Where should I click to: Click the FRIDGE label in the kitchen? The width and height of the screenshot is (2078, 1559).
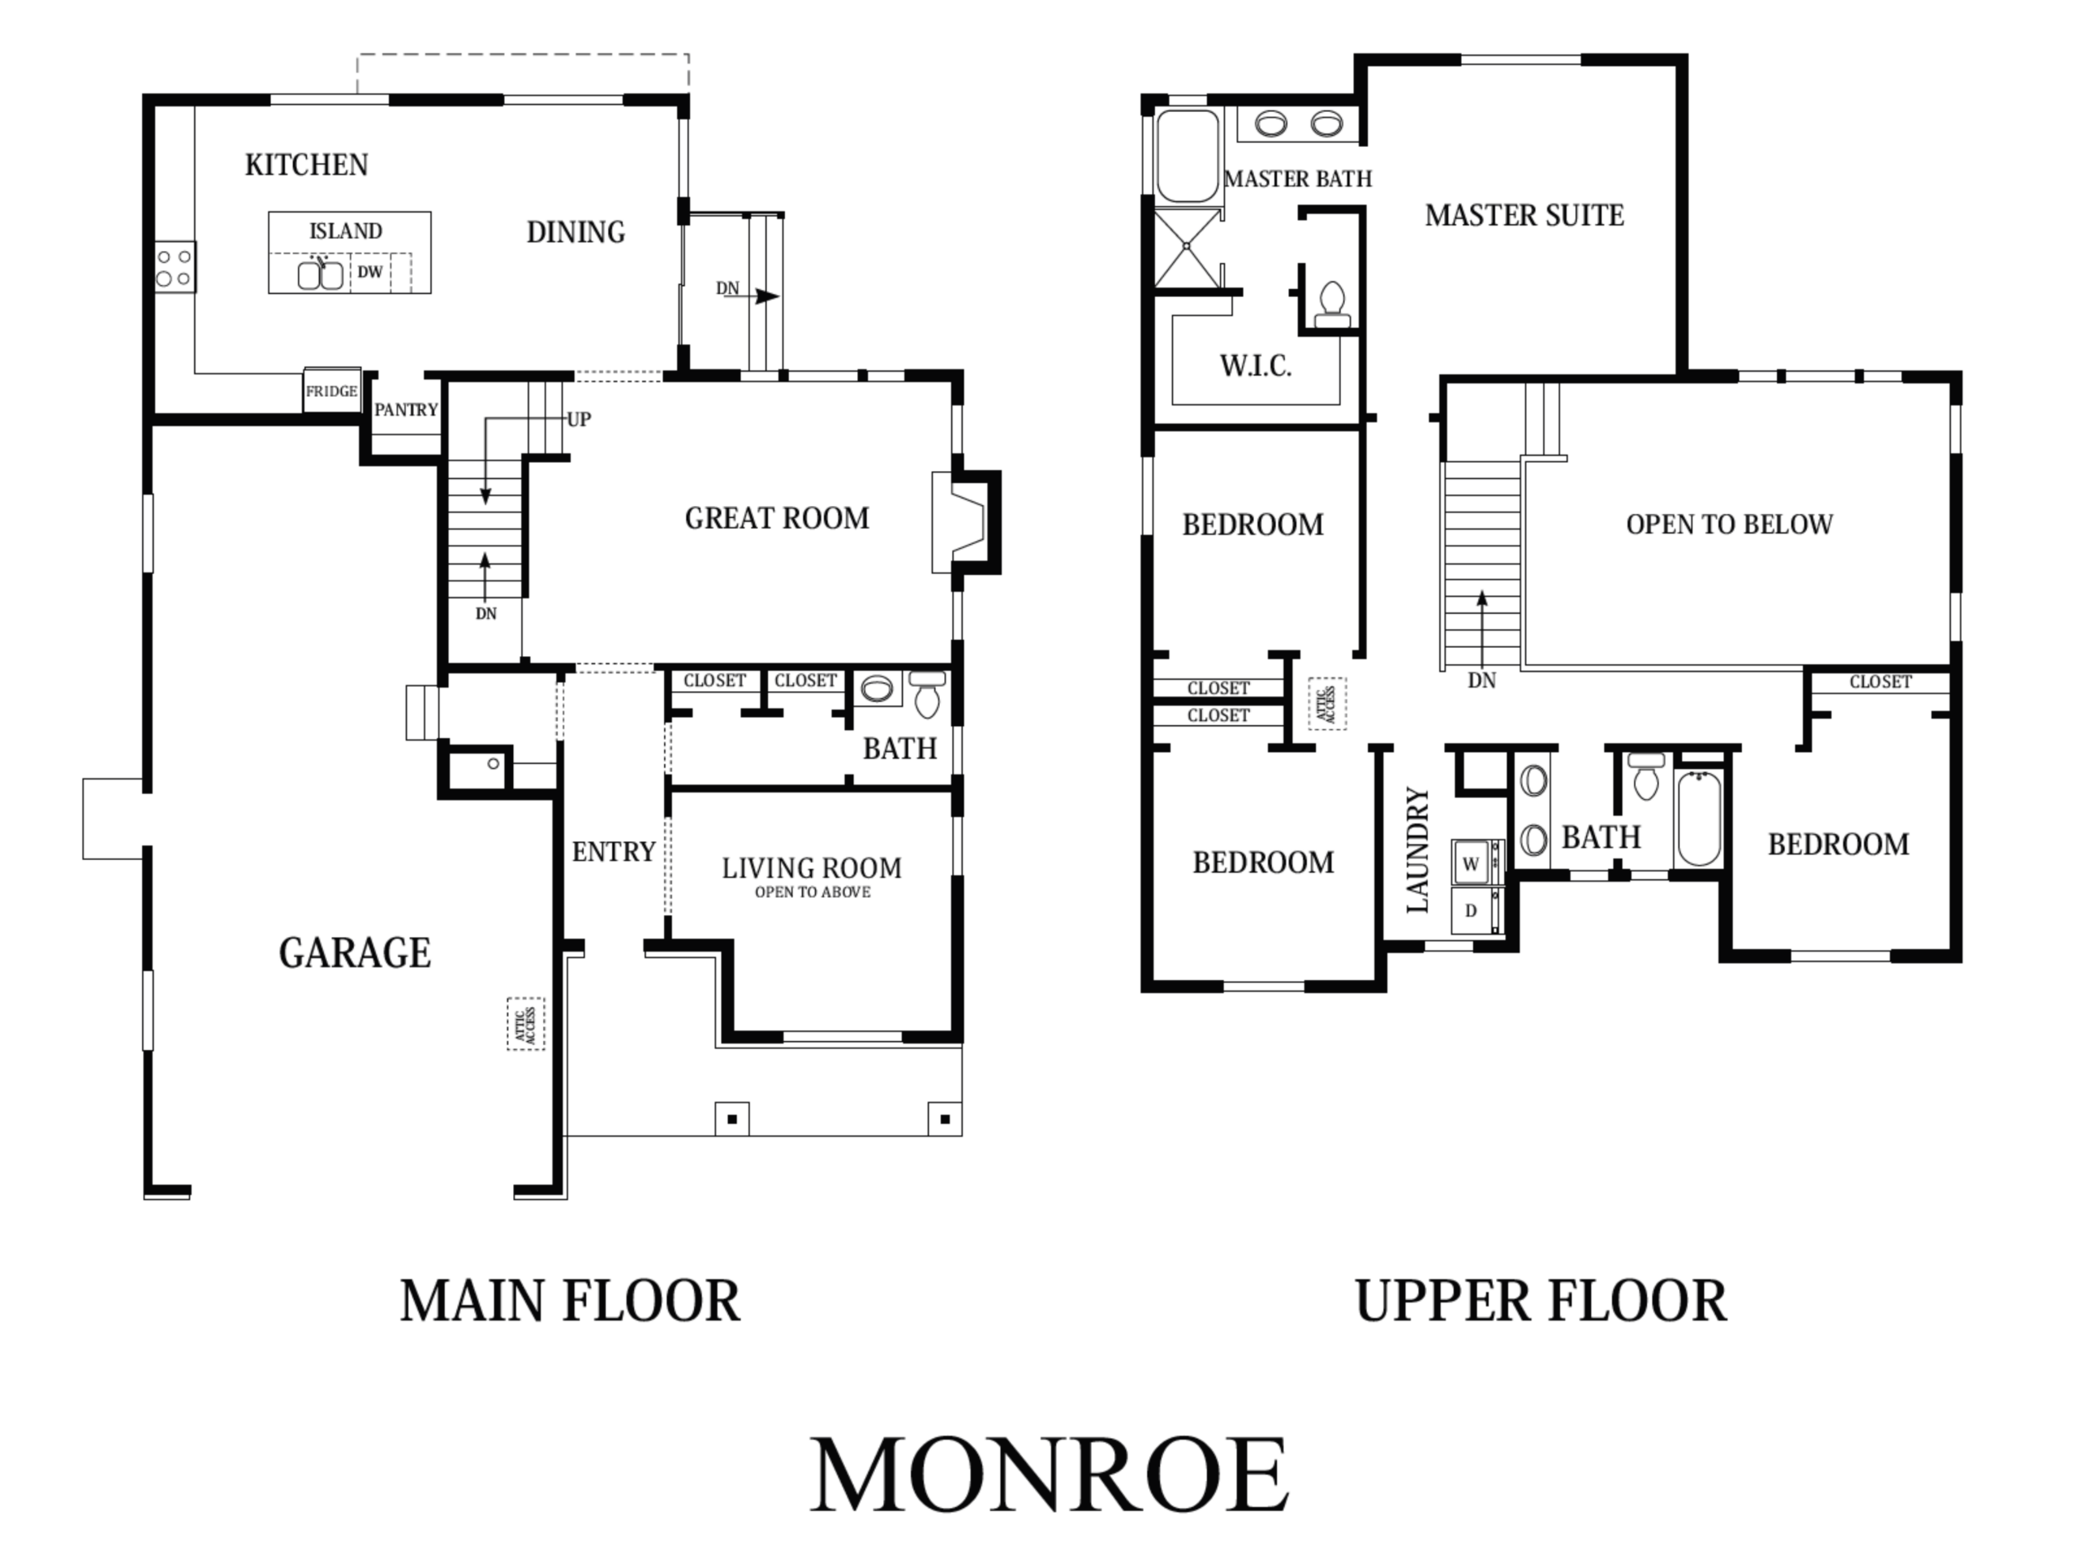tap(332, 391)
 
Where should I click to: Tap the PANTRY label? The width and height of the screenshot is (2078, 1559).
tap(406, 410)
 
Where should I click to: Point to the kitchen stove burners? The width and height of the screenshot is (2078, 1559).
tap(175, 267)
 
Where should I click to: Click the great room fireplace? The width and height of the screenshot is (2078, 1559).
tap(966, 521)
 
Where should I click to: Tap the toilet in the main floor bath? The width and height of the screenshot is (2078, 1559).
tap(927, 693)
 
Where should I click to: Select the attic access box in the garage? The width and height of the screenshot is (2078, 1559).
tap(526, 1024)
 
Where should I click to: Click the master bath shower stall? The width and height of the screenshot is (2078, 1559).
tap(1187, 247)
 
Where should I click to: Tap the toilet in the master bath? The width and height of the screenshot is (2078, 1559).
tap(1332, 304)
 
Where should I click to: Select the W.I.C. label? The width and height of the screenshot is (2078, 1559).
tap(1255, 365)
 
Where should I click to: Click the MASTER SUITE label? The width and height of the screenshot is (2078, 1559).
tap(1524, 215)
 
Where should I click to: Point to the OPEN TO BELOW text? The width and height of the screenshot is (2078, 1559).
tap(1730, 525)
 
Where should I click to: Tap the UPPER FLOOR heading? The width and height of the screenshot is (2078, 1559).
tap(1541, 1301)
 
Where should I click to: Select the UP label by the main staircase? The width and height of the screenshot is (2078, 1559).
tap(579, 419)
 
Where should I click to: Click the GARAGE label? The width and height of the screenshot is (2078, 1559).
tap(355, 953)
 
